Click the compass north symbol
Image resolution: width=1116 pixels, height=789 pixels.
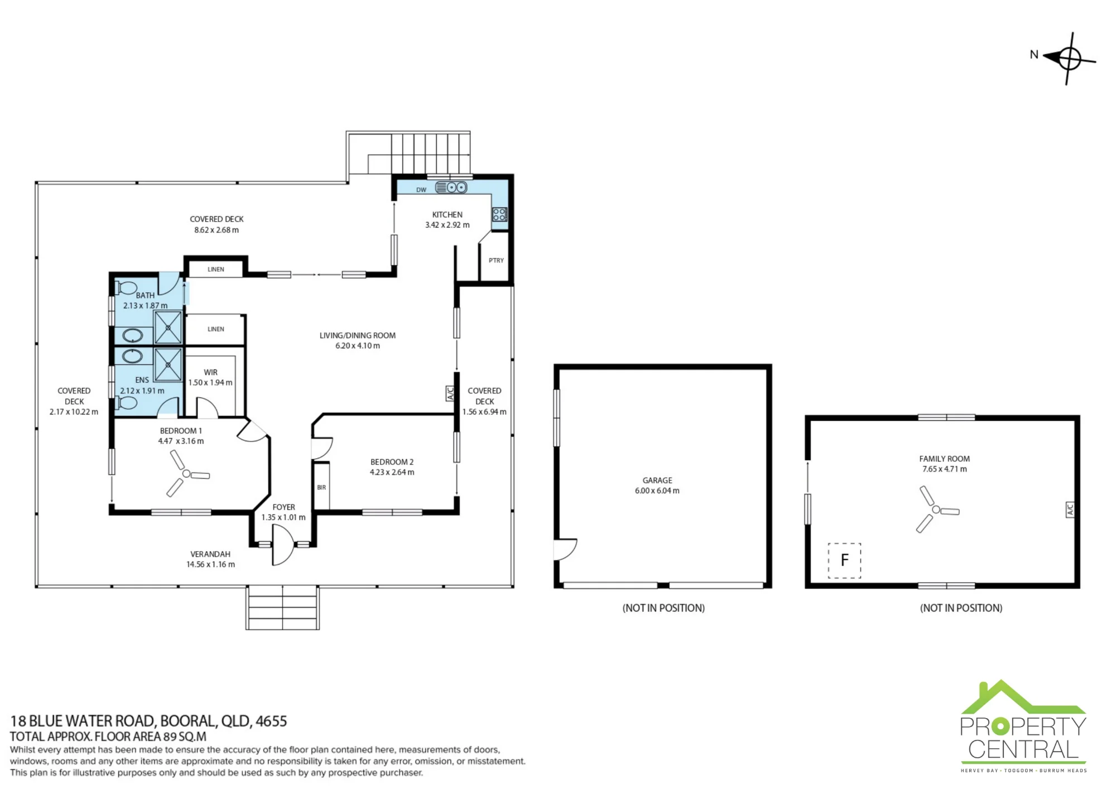pyautogui.click(x=1069, y=59)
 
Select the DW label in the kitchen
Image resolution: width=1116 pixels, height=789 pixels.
pyautogui.click(x=421, y=190)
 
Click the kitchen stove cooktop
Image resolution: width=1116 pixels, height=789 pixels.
pyautogui.click(x=499, y=214)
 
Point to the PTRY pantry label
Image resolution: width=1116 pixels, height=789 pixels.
pyautogui.click(x=496, y=261)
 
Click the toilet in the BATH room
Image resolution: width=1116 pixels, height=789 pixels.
pyautogui.click(x=126, y=288)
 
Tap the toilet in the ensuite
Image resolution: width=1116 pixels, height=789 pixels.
pyautogui.click(x=126, y=403)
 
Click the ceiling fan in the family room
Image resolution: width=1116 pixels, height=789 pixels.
pyautogui.click(x=936, y=509)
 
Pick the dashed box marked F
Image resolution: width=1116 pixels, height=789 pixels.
pyautogui.click(x=844, y=560)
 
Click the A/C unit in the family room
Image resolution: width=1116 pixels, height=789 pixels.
pyautogui.click(x=1070, y=509)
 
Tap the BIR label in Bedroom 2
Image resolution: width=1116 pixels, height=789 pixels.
pyautogui.click(x=321, y=488)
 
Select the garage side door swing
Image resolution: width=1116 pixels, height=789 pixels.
pyautogui.click(x=565, y=549)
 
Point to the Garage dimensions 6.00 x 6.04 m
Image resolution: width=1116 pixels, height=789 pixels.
pyautogui.click(x=657, y=491)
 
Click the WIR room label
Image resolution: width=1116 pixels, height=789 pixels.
pyautogui.click(x=211, y=372)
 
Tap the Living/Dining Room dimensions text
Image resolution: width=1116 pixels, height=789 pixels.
pyautogui.click(x=358, y=346)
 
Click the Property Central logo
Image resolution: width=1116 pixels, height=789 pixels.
pyautogui.click(x=1023, y=726)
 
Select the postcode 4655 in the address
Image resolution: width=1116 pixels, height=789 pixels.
pyautogui.click(x=271, y=721)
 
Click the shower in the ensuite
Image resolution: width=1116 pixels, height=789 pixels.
pyautogui.click(x=168, y=364)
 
